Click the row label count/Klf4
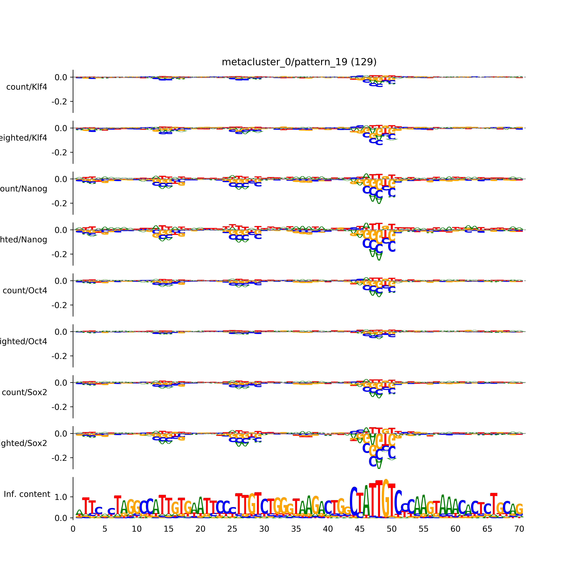click(x=27, y=87)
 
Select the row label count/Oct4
click(x=25, y=290)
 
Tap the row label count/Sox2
click(x=25, y=392)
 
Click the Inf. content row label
click(x=27, y=494)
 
